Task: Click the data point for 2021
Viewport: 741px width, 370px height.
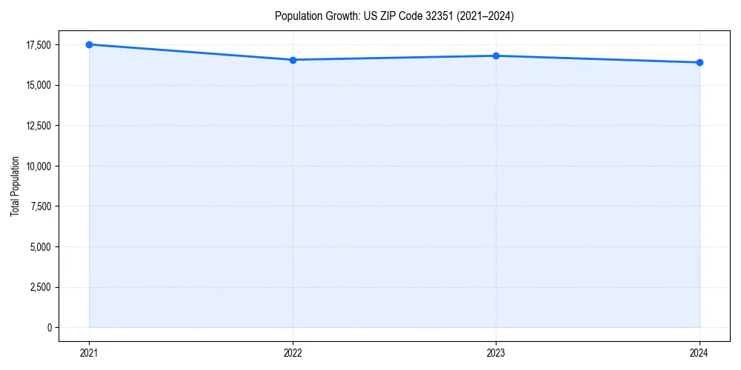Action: (x=89, y=44)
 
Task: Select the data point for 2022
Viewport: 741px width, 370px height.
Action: (x=293, y=60)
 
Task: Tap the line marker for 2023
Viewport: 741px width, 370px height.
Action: (x=496, y=55)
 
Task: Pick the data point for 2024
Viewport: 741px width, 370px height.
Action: (x=700, y=62)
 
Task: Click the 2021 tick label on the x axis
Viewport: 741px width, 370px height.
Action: (x=89, y=352)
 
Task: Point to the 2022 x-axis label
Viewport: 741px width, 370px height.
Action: (x=293, y=352)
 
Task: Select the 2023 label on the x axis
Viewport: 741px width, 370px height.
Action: (x=496, y=352)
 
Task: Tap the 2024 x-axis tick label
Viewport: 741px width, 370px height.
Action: (x=700, y=352)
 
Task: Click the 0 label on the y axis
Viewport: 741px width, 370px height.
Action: (x=49, y=327)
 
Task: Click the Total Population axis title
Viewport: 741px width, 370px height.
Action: (x=15, y=186)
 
